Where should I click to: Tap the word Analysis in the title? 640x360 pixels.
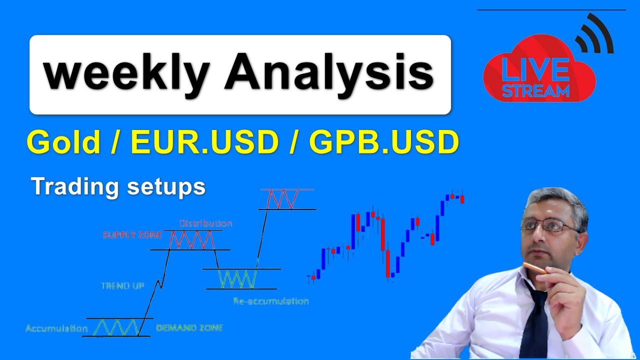tap(329, 73)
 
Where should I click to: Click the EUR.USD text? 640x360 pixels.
tap(204, 142)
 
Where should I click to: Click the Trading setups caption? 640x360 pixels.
tap(118, 186)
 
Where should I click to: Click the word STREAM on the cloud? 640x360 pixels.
tap(536, 91)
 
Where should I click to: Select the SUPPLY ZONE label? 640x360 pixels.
tap(132, 235)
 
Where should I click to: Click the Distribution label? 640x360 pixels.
tap(205, 223)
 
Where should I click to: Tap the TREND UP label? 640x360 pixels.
tap(122, 286)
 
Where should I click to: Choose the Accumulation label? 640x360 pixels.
tap(56, 328)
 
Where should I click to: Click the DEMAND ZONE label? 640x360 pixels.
tap(189, 328)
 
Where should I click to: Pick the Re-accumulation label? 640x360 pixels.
tap(270, 301)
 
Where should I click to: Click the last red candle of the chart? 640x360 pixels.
tap(462, 199)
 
